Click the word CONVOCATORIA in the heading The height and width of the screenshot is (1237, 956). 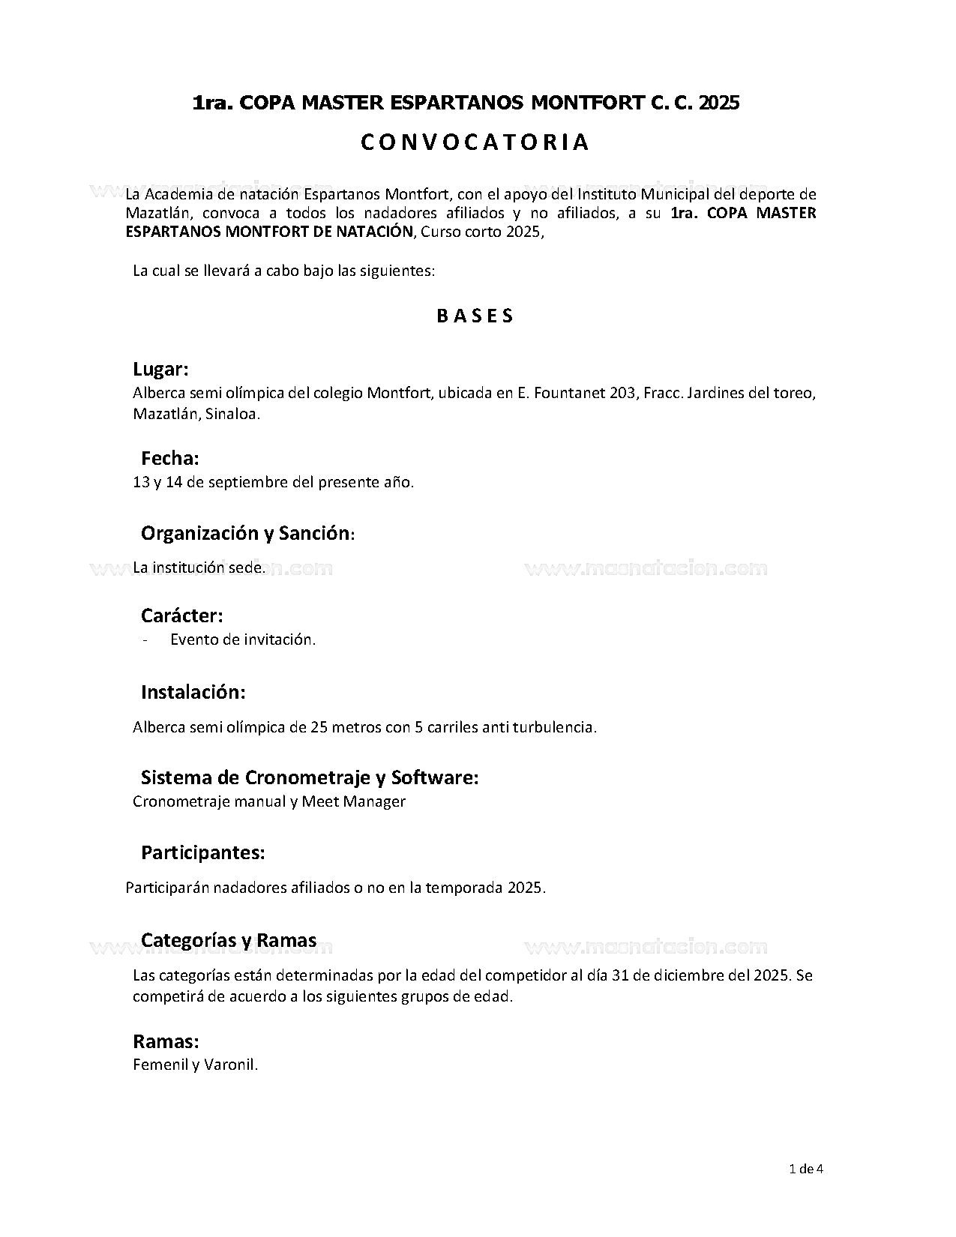pos(475,142)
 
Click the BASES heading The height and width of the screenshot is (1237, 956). pos(475,316)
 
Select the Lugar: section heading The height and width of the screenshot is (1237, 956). pos(160,369)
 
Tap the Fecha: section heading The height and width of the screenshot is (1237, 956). pos(170,458)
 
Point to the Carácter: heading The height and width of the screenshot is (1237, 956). pos(182,616)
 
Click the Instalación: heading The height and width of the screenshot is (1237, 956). pos(193,692)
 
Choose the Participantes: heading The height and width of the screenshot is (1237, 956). pos(202,852)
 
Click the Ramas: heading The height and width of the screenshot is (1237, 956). pos(166,1041)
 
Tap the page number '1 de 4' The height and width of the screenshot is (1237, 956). pos(807,1168)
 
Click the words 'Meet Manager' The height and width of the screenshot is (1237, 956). pos(354,801)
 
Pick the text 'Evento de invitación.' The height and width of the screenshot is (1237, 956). pos(243,639)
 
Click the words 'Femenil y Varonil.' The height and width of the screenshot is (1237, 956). pos(195,1065)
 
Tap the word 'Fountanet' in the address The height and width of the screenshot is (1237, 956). pos(569,393)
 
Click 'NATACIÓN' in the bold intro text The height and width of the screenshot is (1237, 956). pos(379,232)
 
